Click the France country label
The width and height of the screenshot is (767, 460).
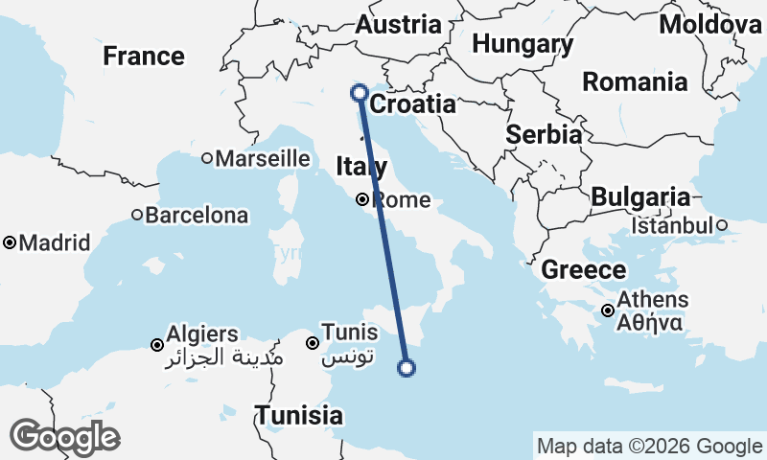coord(144,57)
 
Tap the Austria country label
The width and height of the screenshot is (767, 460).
coord(398,26)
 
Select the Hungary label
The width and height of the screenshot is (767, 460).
coord(523,44)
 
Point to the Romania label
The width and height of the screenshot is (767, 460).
coord(635,82)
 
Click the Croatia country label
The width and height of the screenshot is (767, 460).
coord(412,104)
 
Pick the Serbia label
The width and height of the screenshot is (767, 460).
coord(544,134)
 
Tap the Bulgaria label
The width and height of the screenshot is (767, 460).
coord(640,197)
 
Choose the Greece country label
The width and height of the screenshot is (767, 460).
coord(584,270)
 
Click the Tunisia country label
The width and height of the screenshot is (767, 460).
coord(298,416)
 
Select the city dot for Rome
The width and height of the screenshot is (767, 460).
coord(362,200)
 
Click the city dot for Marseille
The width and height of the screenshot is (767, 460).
coord(206,159)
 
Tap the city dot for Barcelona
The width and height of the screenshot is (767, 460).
coord(137,216)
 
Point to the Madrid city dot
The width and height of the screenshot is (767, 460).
coord(10,243)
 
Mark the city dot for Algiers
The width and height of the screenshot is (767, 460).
coord(157,344)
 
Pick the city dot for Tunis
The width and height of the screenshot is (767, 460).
coord(312,343)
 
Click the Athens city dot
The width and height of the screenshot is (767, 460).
coord(608,310)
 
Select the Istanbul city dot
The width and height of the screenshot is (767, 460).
coord(722,226)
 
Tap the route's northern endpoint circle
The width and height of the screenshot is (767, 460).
coord(360,93)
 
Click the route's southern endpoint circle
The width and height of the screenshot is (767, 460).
coord(407,367)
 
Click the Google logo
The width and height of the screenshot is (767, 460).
coord(64,438)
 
